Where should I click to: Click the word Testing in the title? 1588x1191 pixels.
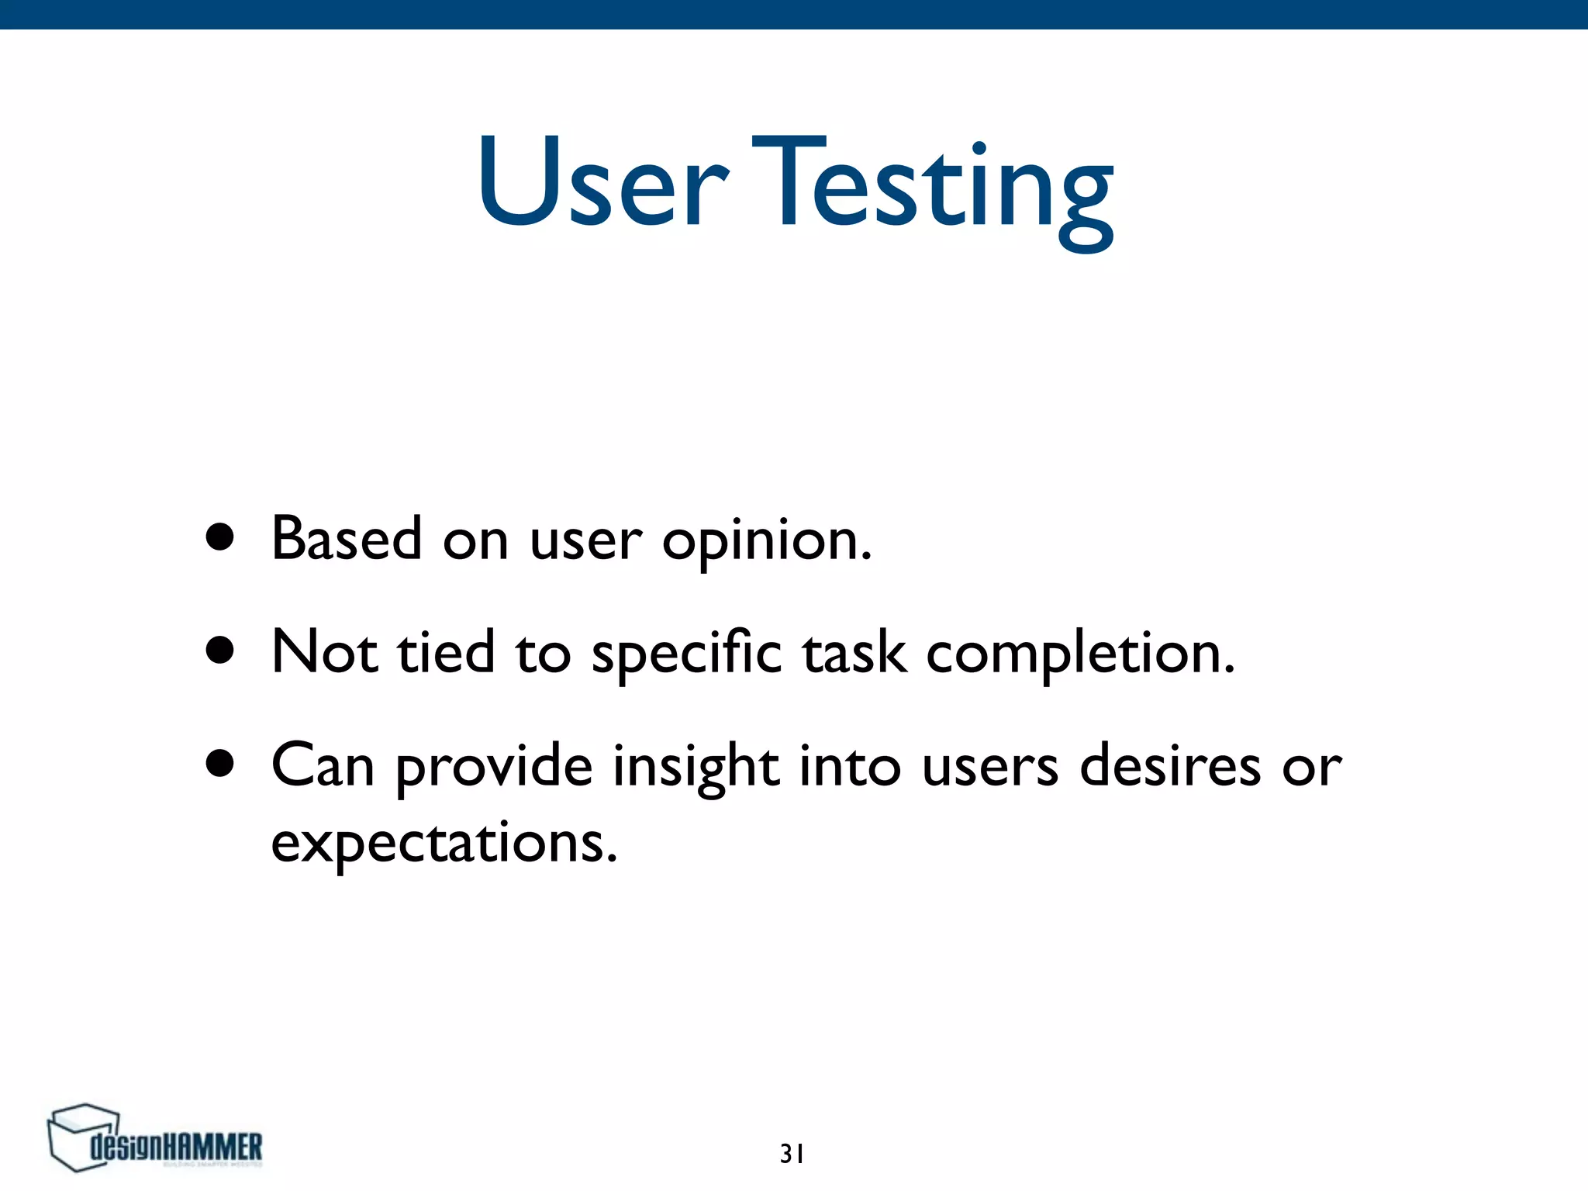933,190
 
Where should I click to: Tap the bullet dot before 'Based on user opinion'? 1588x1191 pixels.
220,537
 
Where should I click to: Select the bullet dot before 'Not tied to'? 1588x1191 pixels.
220,651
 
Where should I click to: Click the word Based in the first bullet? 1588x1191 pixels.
347,539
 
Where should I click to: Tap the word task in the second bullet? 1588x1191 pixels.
854,653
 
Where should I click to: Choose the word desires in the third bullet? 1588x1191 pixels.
1170,765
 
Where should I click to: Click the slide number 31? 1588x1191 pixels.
792,1154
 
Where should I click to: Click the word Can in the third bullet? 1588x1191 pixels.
323,765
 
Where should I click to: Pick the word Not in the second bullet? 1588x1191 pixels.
324,651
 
